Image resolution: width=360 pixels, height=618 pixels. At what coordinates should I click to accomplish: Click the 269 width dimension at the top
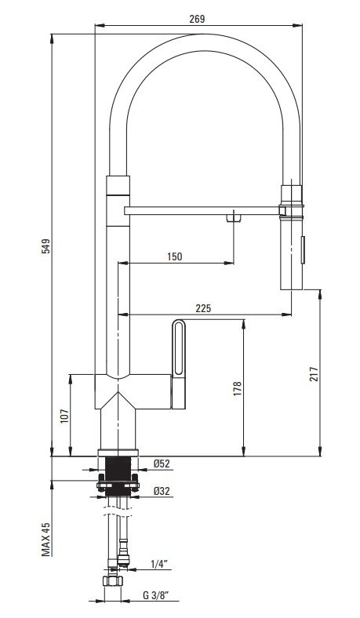click(197, 19)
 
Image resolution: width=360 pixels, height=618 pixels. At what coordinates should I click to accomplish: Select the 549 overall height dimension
click(46, 246)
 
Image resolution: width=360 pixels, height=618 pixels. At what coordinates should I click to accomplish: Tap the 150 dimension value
click(174, 256)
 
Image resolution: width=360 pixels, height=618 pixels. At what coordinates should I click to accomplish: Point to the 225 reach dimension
click(203, 308)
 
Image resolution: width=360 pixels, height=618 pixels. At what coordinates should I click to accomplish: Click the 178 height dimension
click(237, 389)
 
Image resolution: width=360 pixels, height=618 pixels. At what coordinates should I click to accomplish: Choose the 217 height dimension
click(314, 374)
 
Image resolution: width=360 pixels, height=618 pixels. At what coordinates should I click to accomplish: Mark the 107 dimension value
click(64, 416)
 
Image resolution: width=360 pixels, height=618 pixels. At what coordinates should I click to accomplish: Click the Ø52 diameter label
click(162, 463)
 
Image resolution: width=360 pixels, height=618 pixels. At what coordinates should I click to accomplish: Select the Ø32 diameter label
click(162, 491)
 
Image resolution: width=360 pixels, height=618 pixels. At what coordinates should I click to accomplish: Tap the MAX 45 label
click(46, 539)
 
